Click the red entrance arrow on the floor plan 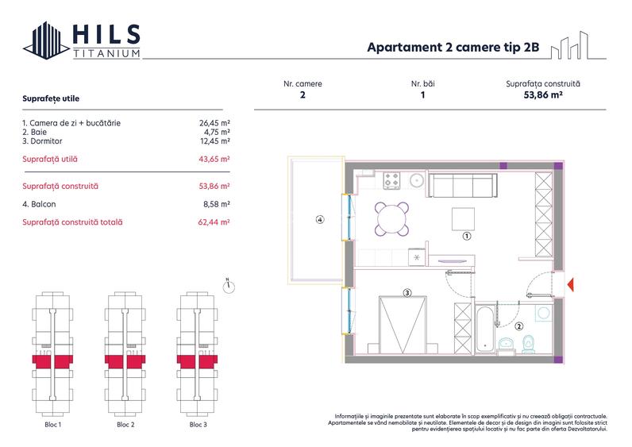[570, 284]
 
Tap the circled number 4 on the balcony [320, 220]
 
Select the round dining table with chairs [391, 219]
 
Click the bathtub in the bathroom [484, 329]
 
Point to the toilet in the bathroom [528, 345]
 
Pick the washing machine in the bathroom [543, 313]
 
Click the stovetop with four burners [391, 180]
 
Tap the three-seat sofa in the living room [462, 185]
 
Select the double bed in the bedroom [403, 325]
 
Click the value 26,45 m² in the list [214, 123]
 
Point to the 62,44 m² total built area [214, 222]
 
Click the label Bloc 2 [125, 425]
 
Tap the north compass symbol [229, 286]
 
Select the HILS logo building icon [46, 40]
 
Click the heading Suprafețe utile [51, 98]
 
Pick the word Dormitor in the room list [46, 141]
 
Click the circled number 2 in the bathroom [519, 326]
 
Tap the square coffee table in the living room [463, 219]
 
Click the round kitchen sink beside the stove [416, 180]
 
